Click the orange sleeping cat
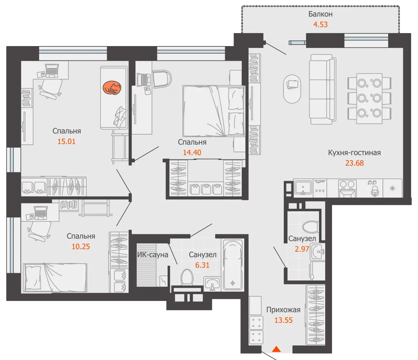112,88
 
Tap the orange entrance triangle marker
276,349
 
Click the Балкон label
321,14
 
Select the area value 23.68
354,163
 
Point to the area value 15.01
67,141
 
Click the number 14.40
192,152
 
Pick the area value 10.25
81,246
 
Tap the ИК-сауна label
153,255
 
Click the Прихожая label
283,310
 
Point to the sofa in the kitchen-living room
322,89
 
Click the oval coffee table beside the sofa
292,89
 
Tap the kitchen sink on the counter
303,187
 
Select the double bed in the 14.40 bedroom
214,111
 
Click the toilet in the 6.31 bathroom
187,277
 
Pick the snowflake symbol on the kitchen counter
392,188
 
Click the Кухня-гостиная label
354,153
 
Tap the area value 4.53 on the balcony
321,24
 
